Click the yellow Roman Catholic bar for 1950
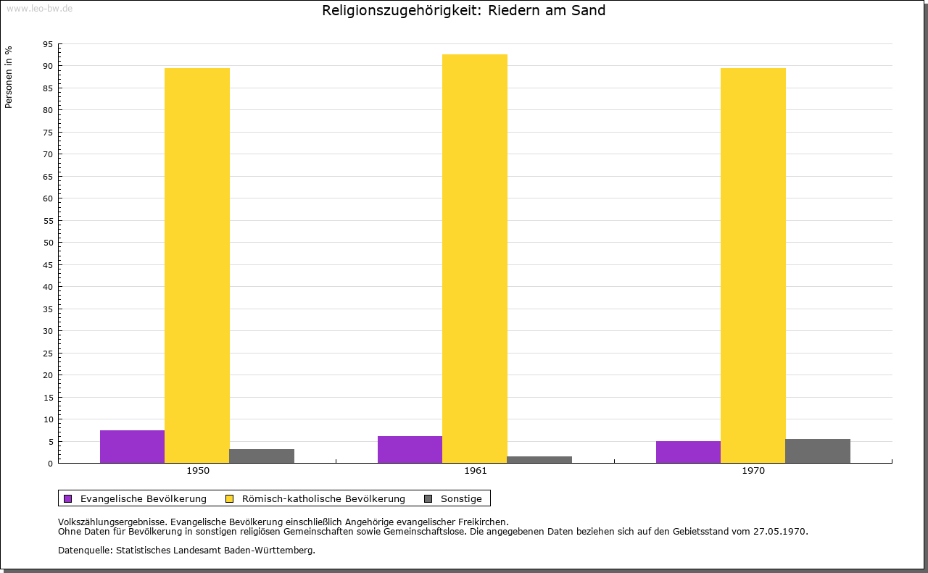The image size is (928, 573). [197, 265]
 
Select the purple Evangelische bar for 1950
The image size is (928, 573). [132, 446]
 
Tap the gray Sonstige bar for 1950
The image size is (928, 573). [262, 456]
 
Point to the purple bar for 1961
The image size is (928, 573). [410, 449]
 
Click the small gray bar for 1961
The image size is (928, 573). [539, 459]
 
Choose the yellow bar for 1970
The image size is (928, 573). [753, 265]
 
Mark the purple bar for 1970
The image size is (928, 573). [688, 452]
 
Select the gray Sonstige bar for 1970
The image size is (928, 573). [818, 451]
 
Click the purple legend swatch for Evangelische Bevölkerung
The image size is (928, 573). [68, 498]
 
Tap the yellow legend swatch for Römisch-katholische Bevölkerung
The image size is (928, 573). [229, 498]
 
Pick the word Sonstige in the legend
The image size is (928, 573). [461, 498]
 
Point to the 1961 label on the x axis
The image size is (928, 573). [476, 471]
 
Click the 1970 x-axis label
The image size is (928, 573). [753, 471]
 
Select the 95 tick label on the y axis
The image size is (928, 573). [48, 44]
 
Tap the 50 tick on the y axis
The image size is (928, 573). [48, 243]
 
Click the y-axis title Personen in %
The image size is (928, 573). [9, 77]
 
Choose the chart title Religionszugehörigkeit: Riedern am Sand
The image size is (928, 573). [464, 11]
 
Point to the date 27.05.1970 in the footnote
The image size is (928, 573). [782, 531]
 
